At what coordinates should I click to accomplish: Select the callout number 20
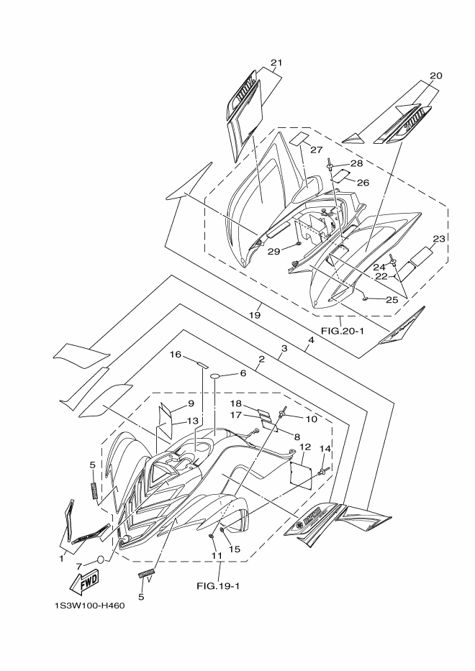436,76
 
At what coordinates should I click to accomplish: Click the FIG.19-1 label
218,585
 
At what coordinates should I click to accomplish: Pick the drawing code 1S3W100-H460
89,605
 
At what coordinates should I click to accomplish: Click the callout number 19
255,314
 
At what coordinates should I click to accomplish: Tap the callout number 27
316,149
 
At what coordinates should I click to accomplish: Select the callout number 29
273,251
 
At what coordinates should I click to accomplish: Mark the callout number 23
439,239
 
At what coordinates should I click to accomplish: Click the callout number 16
175,355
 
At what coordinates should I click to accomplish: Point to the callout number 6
243,373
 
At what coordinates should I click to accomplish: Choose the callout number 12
305,447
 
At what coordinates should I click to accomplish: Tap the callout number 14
325,449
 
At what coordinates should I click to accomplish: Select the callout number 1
62,557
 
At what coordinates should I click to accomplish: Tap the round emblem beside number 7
102,558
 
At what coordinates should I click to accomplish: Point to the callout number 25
391,299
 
